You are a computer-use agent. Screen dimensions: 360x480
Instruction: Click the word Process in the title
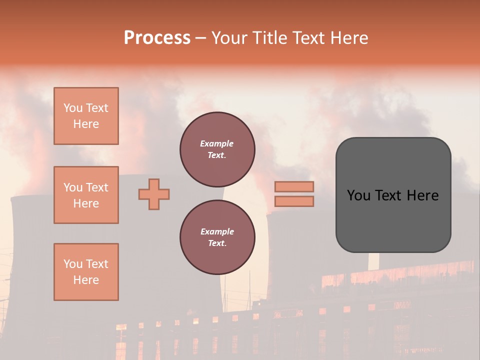(157, 38)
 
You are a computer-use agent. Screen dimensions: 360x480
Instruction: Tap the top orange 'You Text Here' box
(86, 116)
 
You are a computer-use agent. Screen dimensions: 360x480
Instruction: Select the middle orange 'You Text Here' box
(86, 195)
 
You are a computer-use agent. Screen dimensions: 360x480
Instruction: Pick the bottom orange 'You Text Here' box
(86, 272)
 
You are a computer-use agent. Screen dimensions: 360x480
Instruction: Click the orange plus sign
(154, 194)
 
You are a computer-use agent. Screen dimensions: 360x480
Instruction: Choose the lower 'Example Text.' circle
(217, 237)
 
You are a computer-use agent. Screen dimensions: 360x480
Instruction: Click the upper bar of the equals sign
(294, 187)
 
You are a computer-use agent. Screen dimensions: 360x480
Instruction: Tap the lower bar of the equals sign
(294, 201)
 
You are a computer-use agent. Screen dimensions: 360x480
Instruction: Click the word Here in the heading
(348, 38)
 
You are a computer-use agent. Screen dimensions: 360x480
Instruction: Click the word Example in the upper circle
(217, 144)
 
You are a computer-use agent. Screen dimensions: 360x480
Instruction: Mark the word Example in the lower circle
(217, 232)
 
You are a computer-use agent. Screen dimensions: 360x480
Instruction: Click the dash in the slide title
(201, 38)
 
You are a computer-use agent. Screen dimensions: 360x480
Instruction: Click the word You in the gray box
(358, 195)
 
